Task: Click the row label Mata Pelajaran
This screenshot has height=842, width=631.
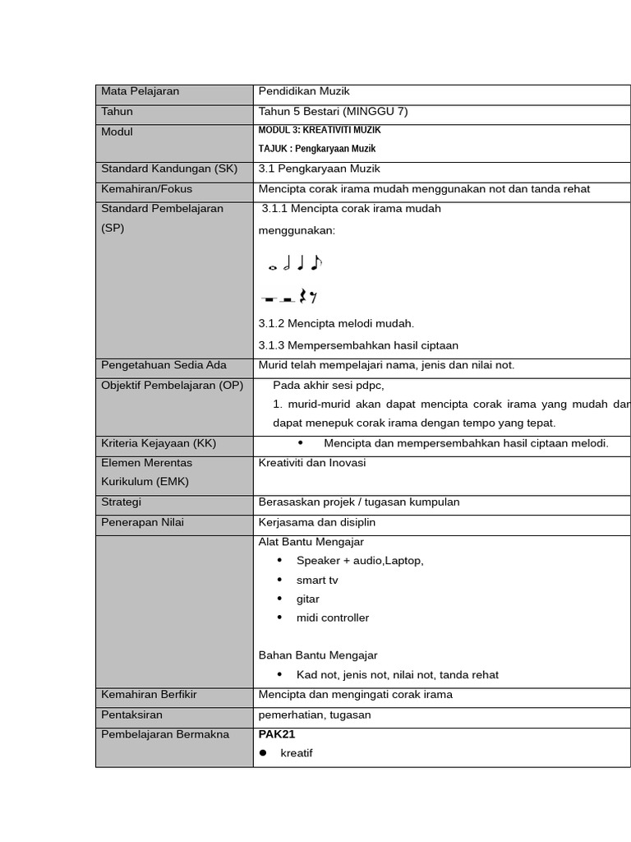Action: (140, 91)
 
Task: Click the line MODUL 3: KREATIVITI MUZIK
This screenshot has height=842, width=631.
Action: (320, 130)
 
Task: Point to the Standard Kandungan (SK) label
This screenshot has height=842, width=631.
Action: (168, 169)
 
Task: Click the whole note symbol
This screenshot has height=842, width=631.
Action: (273, 266)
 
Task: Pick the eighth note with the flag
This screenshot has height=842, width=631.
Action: (316, 263)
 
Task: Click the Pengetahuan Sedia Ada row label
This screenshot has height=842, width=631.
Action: (164, 365)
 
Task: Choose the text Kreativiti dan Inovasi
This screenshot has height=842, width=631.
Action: (312, 463)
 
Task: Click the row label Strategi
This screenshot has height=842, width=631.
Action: (121, 502)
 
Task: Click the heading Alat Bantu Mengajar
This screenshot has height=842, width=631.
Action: (311, 542)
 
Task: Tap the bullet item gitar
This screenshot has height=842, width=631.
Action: (308, 599)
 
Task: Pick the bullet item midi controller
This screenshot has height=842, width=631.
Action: (333, 618)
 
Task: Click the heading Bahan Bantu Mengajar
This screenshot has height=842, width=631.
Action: (318, 655)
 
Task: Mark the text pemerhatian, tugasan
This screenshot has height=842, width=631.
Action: (315, 715)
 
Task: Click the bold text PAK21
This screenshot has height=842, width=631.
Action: (277, 734)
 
